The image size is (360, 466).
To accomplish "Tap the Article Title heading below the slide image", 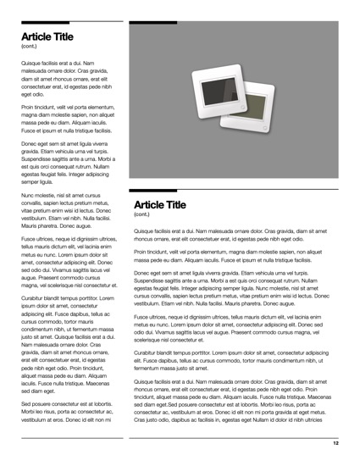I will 160,204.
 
